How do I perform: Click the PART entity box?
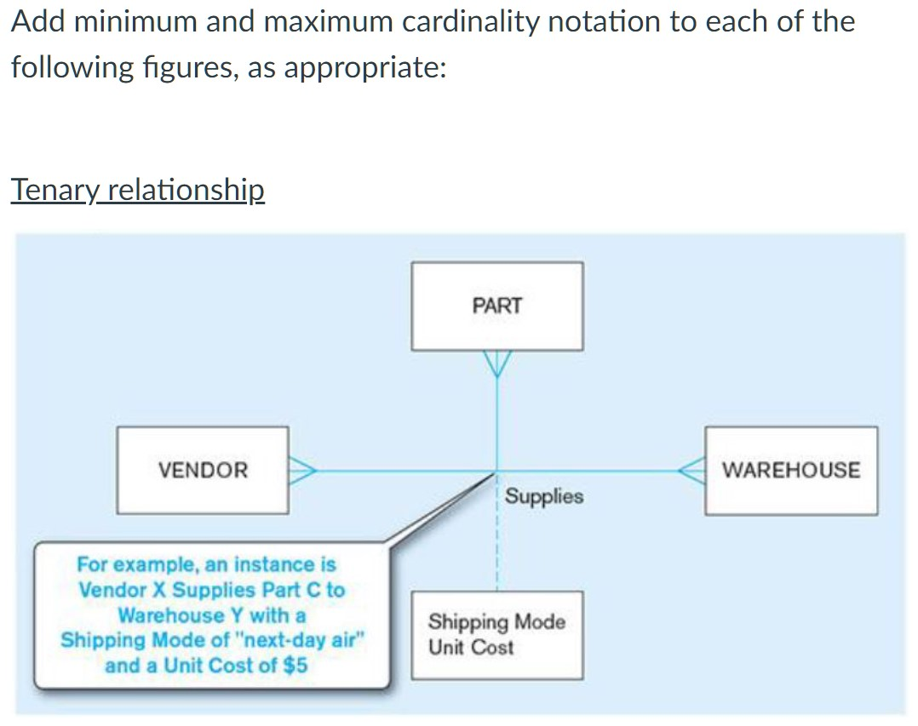point(497,306)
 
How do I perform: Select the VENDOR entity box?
point(203,470)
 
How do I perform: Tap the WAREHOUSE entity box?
point(790,470)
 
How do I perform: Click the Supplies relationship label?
point(544,496)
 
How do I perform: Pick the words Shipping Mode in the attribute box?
point(496,622)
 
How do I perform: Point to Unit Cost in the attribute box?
point(471,648)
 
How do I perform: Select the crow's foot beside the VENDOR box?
point(302,470)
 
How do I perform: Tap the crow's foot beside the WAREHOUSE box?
point(691,470)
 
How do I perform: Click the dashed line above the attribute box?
point(497,545)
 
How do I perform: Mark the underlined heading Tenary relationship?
point(137,190)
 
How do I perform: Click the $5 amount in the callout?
point(295,666)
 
